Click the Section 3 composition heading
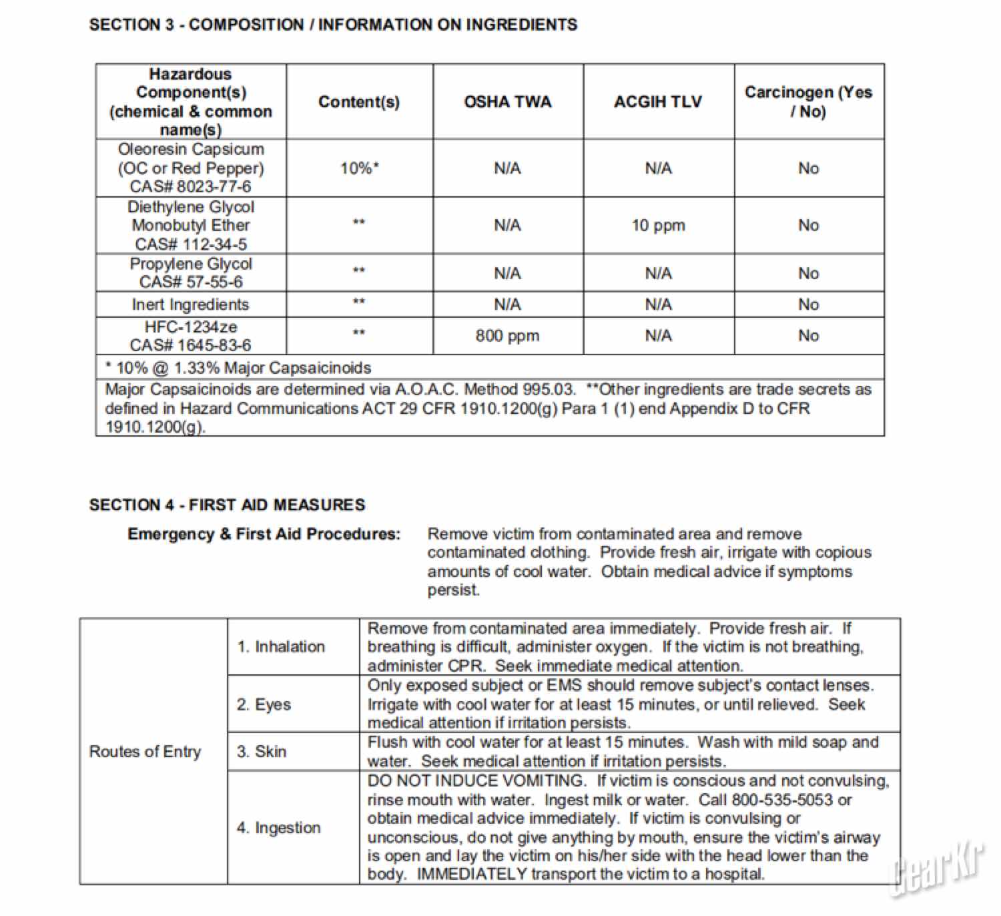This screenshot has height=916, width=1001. (x=333, y=25)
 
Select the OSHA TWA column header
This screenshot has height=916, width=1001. (x=507, y=101)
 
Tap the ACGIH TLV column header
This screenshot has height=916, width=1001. (x=658, y=101)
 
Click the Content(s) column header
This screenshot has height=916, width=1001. (x=359, y=101)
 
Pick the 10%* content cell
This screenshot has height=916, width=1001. (x=359, y=168)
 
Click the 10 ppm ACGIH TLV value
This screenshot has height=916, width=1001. (x=658, y=225)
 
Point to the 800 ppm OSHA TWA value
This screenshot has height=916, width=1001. (x=507, y=335)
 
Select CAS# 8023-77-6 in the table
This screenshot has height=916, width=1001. (x=190, y=186)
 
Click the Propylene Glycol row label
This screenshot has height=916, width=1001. (x=191, y=264)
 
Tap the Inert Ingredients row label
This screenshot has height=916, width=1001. (x=190, y=304)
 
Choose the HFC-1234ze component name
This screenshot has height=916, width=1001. (x=191, y=326)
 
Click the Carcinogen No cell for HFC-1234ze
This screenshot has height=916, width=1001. (x=808, y=335)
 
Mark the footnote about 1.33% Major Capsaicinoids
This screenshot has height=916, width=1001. (x=238, y=367)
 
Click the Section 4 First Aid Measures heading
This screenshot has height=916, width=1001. (x=227, y=505)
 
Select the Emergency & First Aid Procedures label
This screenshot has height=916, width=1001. (x=264, y=534)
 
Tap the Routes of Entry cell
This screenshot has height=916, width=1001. (x=145, y=751)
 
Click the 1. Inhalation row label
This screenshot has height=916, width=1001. (x=281, y=646)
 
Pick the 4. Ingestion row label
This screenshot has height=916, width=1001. (x=278, y=827)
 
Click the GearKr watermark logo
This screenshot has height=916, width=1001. (x=938, y=868)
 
